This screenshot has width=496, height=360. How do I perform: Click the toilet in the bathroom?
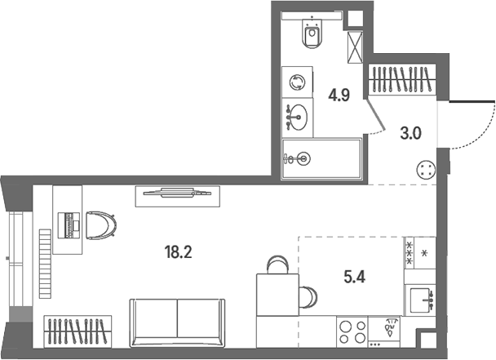pos(312,33)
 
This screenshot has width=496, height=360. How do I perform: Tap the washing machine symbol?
pos(297,82)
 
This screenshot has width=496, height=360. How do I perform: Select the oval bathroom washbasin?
pos(299,118)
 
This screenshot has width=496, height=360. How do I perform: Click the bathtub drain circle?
pos(304,158)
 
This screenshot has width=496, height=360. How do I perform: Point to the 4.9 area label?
pos(339,95)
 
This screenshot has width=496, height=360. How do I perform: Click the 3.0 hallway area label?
pos(410,134)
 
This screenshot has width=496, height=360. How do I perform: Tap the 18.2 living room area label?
pos(178,252)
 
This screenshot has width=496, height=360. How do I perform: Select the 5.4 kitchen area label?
pos(354,278)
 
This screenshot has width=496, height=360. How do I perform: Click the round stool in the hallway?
pos(427,170)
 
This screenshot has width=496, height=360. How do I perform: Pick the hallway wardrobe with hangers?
pos(402,79)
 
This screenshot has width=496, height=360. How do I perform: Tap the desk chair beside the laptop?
pos(101,225)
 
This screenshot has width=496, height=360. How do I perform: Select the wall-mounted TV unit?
pos(178,196)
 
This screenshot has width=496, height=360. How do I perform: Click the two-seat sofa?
pos(177,322)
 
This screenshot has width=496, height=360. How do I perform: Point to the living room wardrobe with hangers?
pos(77,331)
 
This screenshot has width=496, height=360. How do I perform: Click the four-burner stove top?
pos(352,331)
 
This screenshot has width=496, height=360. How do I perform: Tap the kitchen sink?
pos(420,300)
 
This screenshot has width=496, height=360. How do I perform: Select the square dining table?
pos(277,295)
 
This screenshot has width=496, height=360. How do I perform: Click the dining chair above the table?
pos(277,264)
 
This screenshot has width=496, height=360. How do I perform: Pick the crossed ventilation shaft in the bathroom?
pos(355,47)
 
